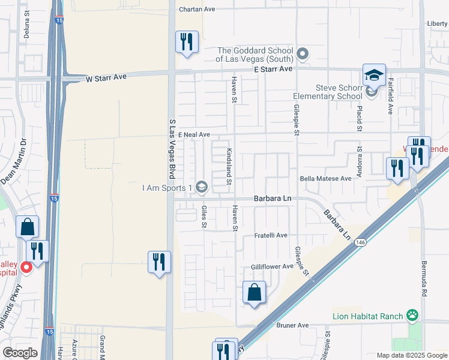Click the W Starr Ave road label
[107, 78]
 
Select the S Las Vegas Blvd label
[172, 148]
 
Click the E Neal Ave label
[193, 134]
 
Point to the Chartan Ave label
[197, 9]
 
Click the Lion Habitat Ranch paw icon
[412, 315]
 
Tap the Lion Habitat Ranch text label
[369, 316]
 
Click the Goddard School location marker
[303, 55]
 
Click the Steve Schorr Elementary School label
[327, 92]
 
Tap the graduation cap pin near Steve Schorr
[374, 76]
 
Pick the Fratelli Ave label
[271, 235]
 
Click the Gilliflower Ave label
[272, 266]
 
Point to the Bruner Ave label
[292, 325]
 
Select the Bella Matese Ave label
[325, 179]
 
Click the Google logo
[20, 353]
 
